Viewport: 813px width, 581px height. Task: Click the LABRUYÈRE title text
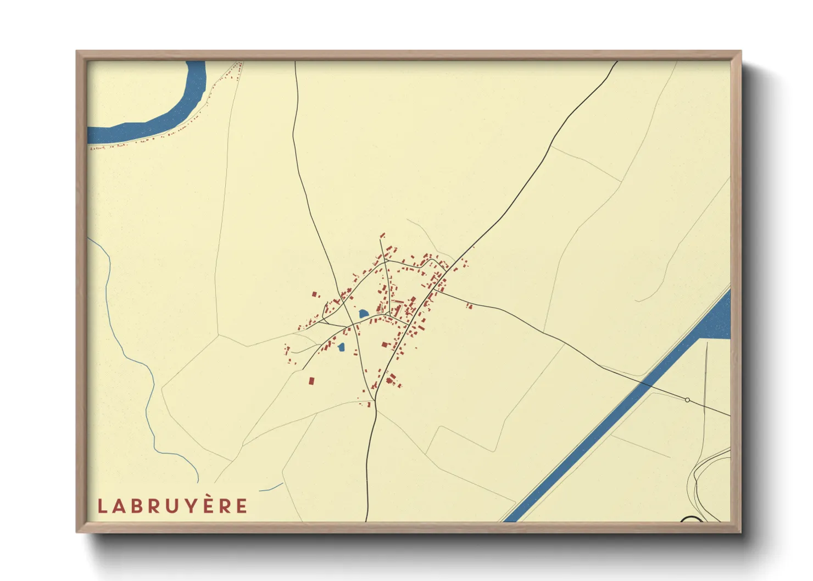click(172, 506)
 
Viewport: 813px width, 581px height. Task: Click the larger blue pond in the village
click(363, 314)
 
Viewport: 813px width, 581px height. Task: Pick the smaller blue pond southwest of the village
click(341, 347)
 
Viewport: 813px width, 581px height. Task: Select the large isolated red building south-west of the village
click(311, 380)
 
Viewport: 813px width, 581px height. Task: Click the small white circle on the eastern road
click(687, 400)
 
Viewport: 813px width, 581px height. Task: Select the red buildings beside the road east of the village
click(469, 305)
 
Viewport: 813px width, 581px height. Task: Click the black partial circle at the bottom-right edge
click(691, 518)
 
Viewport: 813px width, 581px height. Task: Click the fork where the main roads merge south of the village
click(374, 400)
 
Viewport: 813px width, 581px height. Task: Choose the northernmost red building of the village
click(383, 235)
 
